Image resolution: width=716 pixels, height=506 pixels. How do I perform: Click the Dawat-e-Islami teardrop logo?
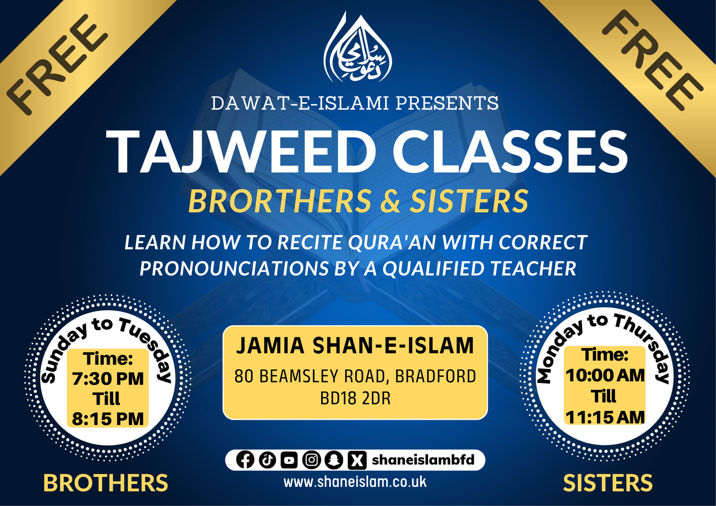[358, 50]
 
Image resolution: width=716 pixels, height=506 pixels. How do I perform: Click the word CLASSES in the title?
[510, 152]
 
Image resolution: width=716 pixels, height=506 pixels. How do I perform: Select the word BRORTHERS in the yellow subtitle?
[280, 201]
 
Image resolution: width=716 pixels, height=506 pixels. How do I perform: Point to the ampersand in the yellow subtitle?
[391, 201]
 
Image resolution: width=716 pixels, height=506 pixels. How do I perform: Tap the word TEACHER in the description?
[533, 269]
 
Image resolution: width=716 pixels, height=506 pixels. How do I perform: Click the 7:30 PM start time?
[108, 379]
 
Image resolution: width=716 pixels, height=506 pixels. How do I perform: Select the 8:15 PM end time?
[108, 419]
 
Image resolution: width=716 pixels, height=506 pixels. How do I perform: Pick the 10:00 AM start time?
[605, 375]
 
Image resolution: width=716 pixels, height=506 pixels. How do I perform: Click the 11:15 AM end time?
[605, 417]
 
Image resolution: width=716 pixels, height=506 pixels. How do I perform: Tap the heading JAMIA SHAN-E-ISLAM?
[355, 346]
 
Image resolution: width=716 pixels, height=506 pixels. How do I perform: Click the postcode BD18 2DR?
[355, 399]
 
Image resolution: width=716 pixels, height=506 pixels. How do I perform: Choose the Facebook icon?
[245, 460]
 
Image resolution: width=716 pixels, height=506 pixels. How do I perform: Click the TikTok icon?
[267, 460]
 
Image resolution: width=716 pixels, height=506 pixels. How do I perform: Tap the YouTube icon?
[289, 460]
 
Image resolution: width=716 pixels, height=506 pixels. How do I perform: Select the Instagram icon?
[311, 460]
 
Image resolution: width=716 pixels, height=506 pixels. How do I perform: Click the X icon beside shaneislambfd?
[357, 460]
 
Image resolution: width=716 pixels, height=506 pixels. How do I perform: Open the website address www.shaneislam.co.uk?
[355, 482]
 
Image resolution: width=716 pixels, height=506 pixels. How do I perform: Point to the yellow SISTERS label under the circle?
[608, 484]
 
